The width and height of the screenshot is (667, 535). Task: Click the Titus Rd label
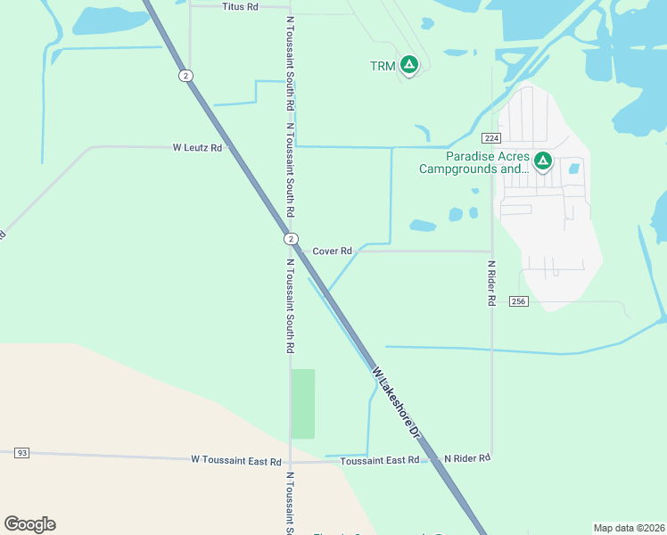239,6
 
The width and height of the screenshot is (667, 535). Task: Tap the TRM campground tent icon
409,64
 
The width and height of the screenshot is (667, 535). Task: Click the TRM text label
382,66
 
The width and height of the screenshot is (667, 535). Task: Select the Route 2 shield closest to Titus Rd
185,76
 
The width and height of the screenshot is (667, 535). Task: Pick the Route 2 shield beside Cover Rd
291,239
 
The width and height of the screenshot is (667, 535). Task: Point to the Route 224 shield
490,138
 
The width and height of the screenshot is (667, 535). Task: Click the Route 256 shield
520,301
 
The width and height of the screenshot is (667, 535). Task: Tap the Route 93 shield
22,453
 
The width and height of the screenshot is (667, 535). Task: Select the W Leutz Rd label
197,147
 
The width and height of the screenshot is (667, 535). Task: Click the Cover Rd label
332,251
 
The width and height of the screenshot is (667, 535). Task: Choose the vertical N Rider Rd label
491,284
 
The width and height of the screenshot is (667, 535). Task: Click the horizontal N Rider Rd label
467,458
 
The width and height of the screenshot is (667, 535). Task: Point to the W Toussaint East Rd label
236,460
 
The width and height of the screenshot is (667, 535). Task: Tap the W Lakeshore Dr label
396,400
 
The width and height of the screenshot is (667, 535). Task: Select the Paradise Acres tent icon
543,161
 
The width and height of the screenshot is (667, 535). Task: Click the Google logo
29,524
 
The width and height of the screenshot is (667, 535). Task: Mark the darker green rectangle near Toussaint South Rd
303,403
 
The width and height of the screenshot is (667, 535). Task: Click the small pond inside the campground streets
574,168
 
